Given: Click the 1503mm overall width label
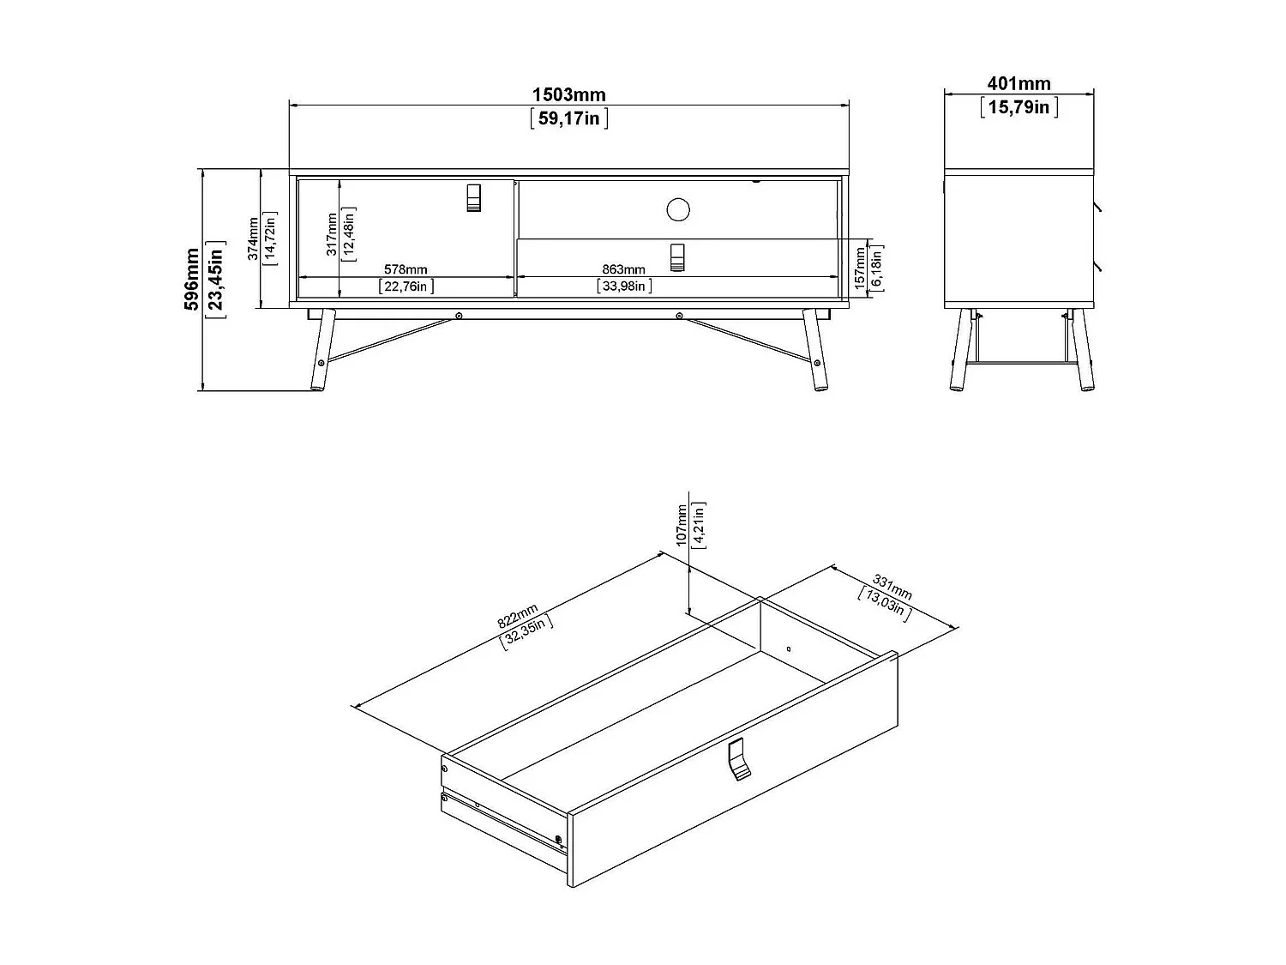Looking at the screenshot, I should pos(568,94).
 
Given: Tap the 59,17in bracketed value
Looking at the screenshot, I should pos(568,118).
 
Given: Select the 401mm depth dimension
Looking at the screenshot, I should pos(1019,83).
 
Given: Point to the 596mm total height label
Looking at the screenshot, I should pos(192,280).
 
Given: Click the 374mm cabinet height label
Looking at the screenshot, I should pos(253,238).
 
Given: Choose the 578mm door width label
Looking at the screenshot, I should pos(406,270).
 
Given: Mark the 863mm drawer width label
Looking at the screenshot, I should pos(623,270).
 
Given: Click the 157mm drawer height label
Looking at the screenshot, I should pos(860,268).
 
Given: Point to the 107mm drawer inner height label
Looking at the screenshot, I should pos(682,525).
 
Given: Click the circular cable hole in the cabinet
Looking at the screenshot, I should pos(678,208).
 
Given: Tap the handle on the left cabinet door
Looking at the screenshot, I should pos(474,197).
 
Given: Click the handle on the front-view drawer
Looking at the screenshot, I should pos(678,256).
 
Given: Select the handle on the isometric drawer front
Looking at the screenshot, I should pos(737,760).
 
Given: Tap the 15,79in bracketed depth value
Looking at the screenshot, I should pos(1019,106).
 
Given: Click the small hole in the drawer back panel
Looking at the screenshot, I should pos(789,648).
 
